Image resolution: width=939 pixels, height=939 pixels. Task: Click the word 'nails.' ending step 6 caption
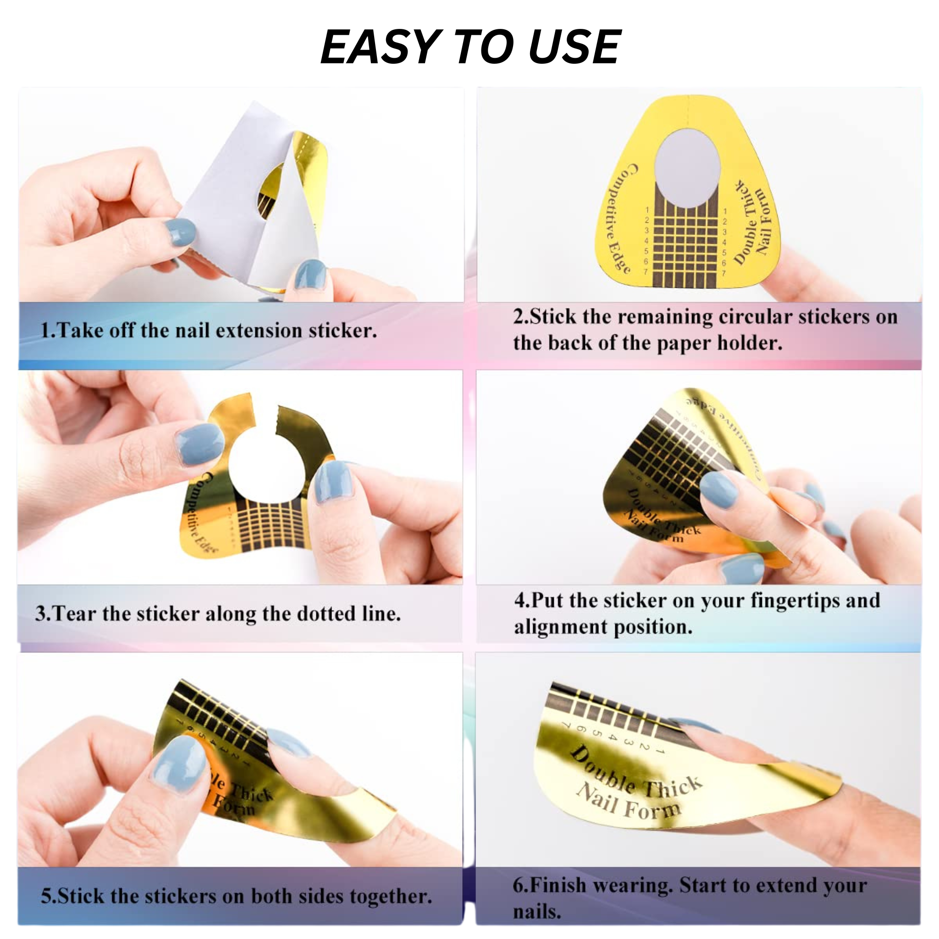tap(536, 912)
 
